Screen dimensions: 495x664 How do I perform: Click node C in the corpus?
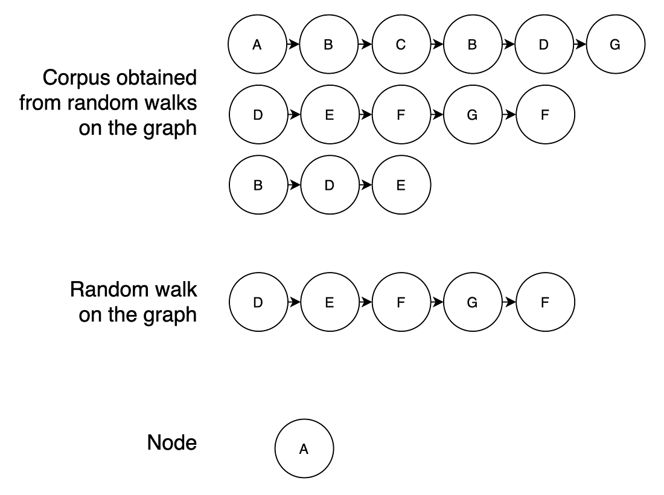[401, 44]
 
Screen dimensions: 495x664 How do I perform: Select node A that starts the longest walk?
[257, 44]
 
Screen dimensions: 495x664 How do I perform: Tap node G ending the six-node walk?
[615, 44]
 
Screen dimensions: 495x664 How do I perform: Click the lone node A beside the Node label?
[304, 449]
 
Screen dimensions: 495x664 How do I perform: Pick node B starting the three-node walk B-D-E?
[258, 186]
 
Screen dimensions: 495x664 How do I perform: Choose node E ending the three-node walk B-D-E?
[401, 186]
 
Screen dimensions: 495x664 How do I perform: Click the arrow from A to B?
[293, 44]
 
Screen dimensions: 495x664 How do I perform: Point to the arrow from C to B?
[436, 44]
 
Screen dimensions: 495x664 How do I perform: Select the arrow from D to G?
[579, 44]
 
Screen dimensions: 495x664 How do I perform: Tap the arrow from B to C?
[365, 44]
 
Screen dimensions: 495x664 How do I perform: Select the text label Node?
[171, 443]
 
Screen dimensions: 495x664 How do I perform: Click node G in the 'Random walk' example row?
[472, 302]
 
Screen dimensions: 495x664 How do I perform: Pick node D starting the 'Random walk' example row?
[258, 302]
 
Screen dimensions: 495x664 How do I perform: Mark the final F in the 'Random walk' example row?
[544, 302]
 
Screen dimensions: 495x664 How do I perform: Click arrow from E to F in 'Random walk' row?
[365, 302]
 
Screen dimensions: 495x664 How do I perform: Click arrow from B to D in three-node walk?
[293, 186]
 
